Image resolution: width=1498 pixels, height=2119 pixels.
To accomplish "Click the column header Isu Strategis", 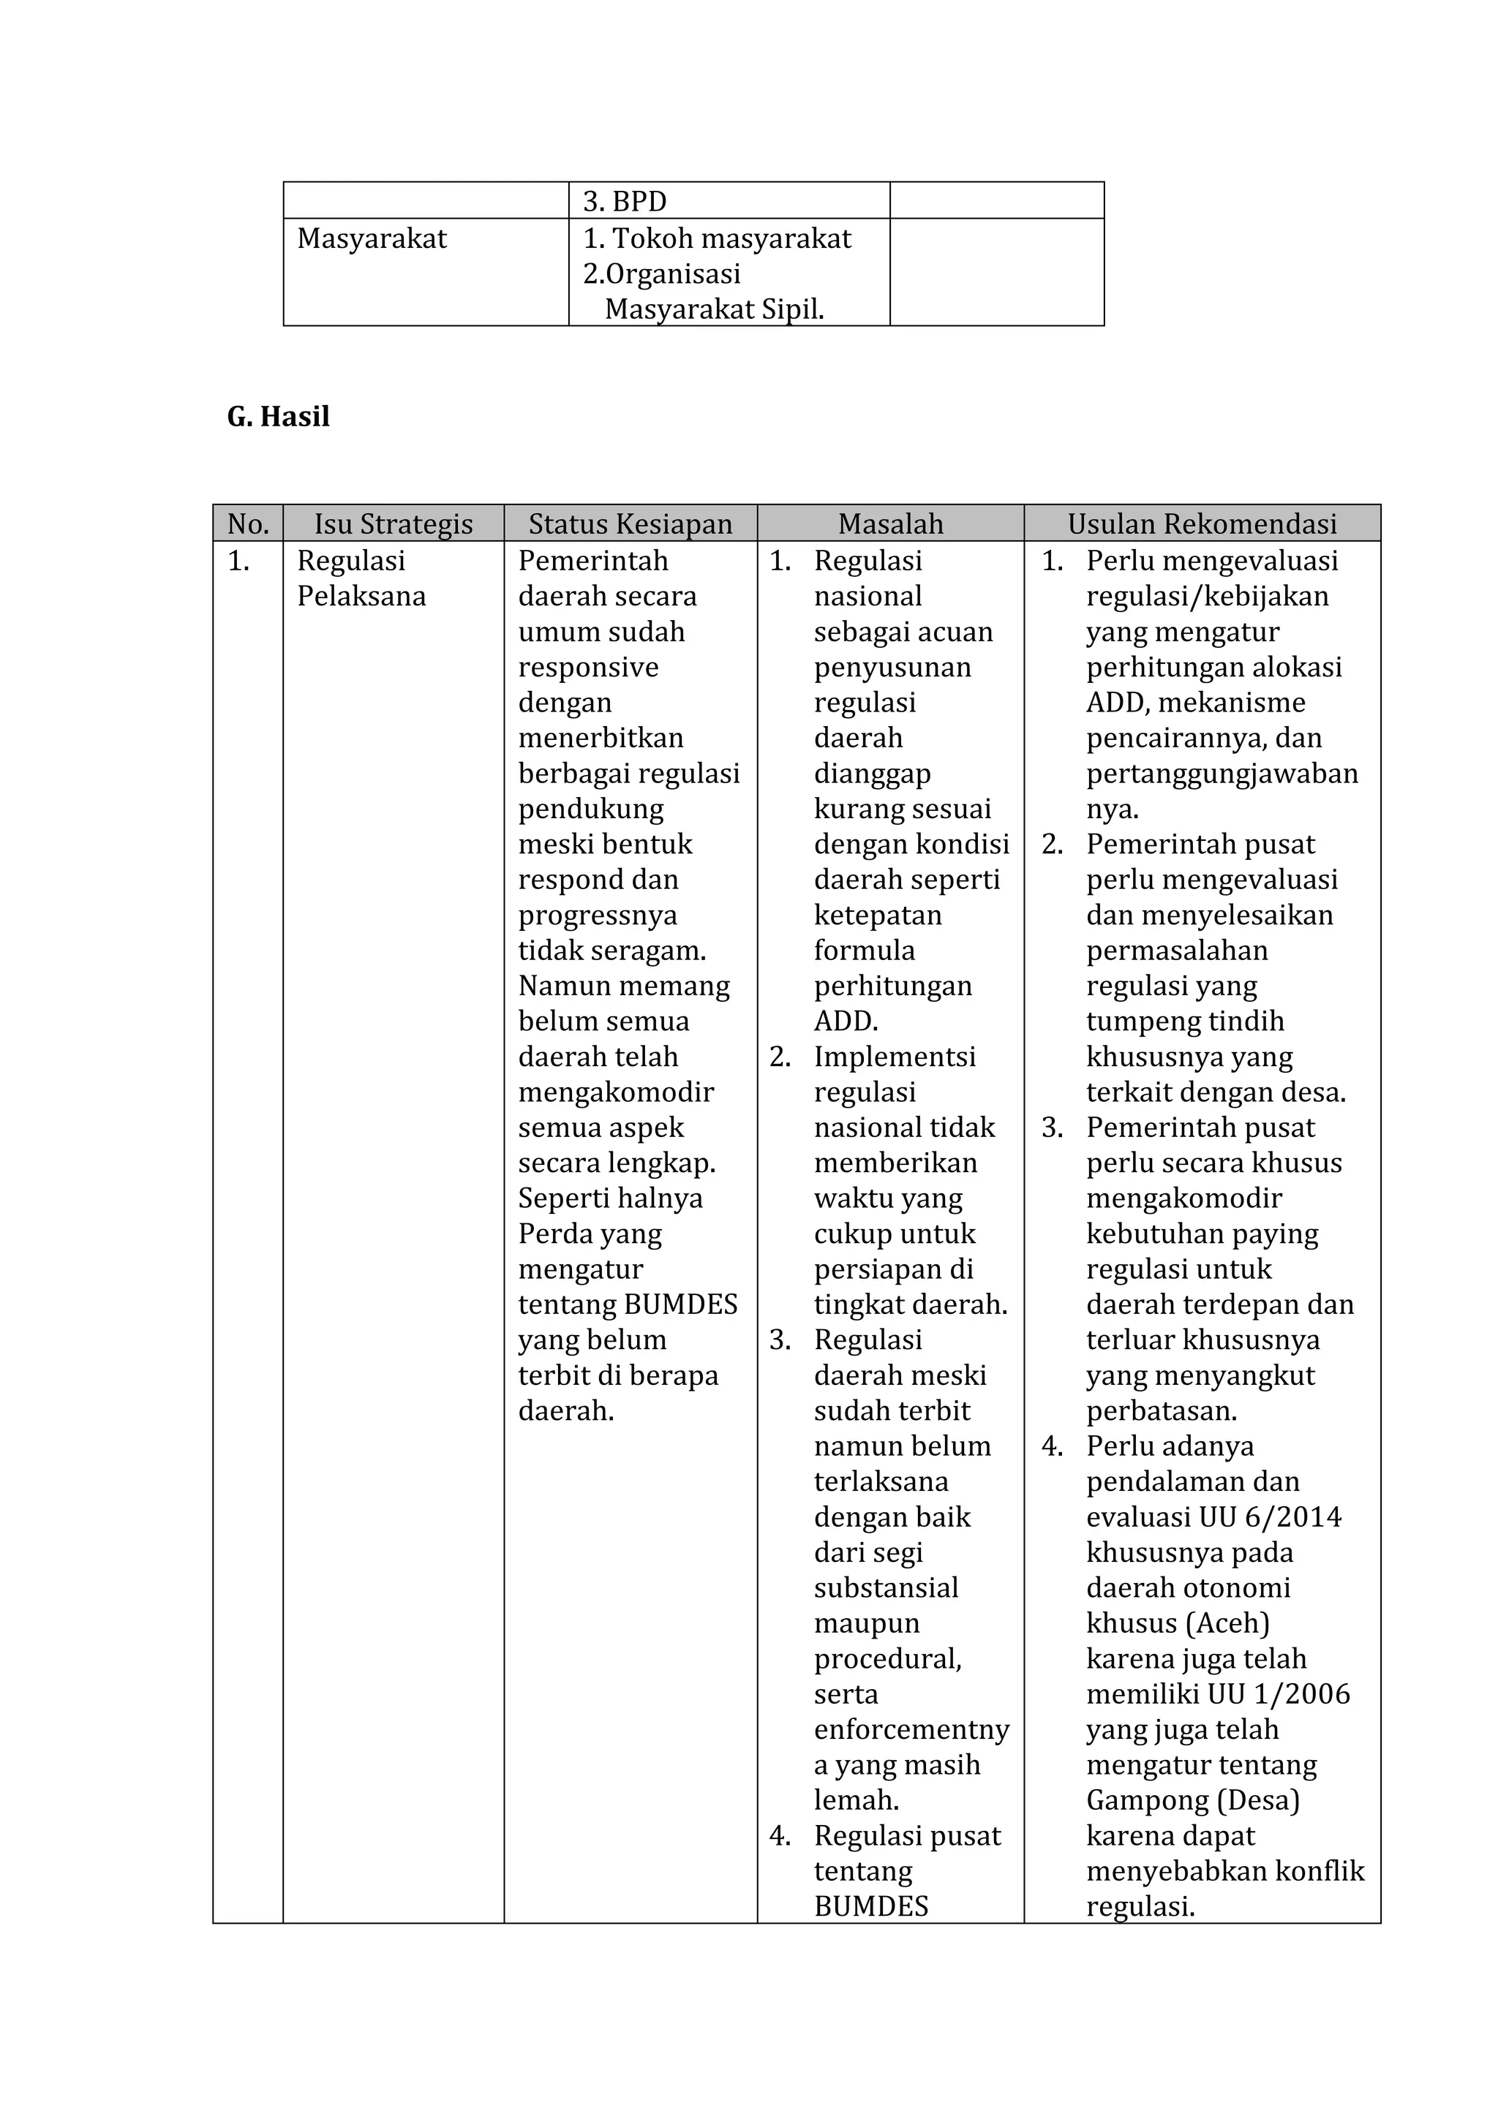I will pos(394,524).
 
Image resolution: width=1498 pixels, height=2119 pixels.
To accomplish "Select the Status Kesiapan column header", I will pos(631,524).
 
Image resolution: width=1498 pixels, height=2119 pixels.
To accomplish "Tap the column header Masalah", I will pos(891,524).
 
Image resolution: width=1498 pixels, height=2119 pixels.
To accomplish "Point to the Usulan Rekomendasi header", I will pos(1202,524).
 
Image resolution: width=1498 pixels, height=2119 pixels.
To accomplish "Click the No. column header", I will pos(247,524).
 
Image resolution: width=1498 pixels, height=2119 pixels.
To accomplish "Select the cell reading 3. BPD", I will pos(625,201).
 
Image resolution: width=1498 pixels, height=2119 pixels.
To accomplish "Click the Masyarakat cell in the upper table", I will pos(372,238).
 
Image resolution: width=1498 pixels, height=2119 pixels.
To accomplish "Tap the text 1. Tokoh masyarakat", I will pos(717,238).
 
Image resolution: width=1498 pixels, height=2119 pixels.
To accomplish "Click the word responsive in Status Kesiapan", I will pos(588,668).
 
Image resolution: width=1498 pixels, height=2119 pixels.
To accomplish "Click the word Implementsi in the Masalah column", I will pos(895,1057).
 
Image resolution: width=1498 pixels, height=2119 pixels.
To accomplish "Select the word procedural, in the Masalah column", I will pos(887,1658).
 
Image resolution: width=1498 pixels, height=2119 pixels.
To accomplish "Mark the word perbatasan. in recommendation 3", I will pos(1161,1410).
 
